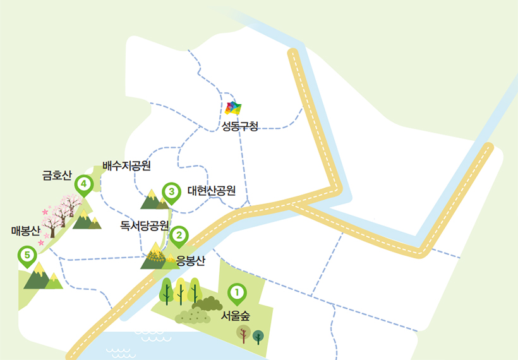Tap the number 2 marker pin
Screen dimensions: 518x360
179,236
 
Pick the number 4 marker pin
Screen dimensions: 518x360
83,185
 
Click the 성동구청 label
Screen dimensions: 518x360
240,126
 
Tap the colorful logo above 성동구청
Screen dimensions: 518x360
233,108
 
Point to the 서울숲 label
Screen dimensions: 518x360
236,316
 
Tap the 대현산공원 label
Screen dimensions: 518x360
212,190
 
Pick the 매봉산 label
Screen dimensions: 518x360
25,231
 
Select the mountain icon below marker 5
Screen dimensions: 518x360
42,277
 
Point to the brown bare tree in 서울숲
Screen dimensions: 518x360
243,334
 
